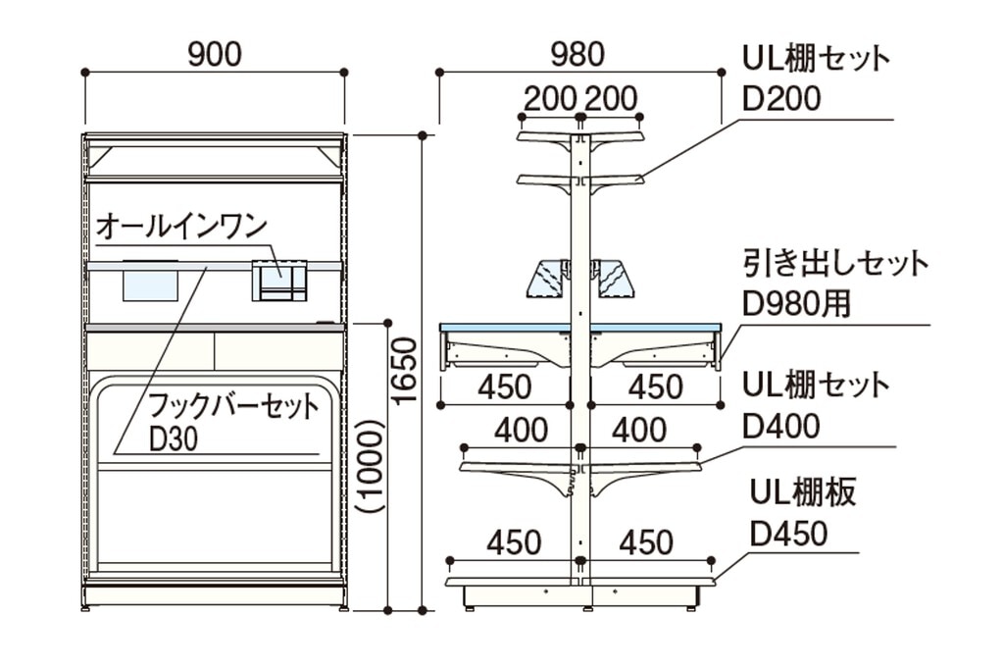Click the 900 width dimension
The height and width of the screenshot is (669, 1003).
coord(215,54)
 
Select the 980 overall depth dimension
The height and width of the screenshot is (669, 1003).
coord(577,54)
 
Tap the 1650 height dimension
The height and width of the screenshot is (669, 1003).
coord(405,372)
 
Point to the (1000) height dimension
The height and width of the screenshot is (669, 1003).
coord(370,466)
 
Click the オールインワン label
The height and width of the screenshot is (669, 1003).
coord(181,228)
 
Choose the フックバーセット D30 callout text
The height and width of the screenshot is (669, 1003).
coord(233,423)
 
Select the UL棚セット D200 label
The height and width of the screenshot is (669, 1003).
coord(816,79)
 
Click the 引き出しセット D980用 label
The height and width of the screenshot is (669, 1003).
coord(835,284)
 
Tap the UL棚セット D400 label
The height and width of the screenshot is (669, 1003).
coord(816,406)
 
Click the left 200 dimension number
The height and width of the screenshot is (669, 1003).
coord(549,99)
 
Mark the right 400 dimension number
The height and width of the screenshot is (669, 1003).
coord(638,431)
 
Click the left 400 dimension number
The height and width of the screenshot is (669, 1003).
coord(522,431)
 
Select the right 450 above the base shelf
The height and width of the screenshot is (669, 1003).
coord(646,542)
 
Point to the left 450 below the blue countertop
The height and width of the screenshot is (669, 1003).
coord(505,387)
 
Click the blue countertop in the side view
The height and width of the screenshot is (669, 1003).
coord(580,329)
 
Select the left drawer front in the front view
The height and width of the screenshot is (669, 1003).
coord(150,350)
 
